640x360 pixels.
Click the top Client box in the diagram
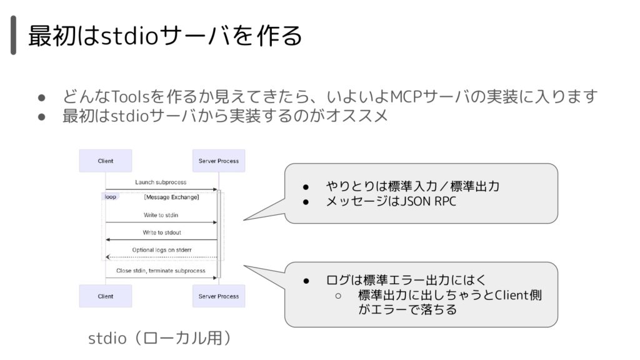(x=105, y=161)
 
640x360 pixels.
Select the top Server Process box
(x=219, y=161)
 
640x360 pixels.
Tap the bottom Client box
(x=105, y=296)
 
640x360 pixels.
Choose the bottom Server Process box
(x=219, y=296)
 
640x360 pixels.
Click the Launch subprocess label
(x=161, y=182)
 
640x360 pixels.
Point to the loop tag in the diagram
(x=110, y=197)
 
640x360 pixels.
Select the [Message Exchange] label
(x=171, y=197)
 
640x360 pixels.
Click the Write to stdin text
(x=161, y=215)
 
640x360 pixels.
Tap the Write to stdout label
(x=162, y=232)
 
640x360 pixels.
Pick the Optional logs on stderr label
(x=162, y=250)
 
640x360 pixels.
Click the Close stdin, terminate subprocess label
(x=161, y=271)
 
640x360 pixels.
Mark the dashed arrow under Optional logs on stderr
(x=161, y=257)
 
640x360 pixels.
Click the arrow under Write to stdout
(x=161, y=239)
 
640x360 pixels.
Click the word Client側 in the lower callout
(x=518, y=295)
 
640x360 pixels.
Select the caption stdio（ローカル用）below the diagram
(x=160, y=338)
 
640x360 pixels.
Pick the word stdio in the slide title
(x=129, y=36)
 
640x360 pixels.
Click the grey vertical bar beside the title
(x=14, y=35)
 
